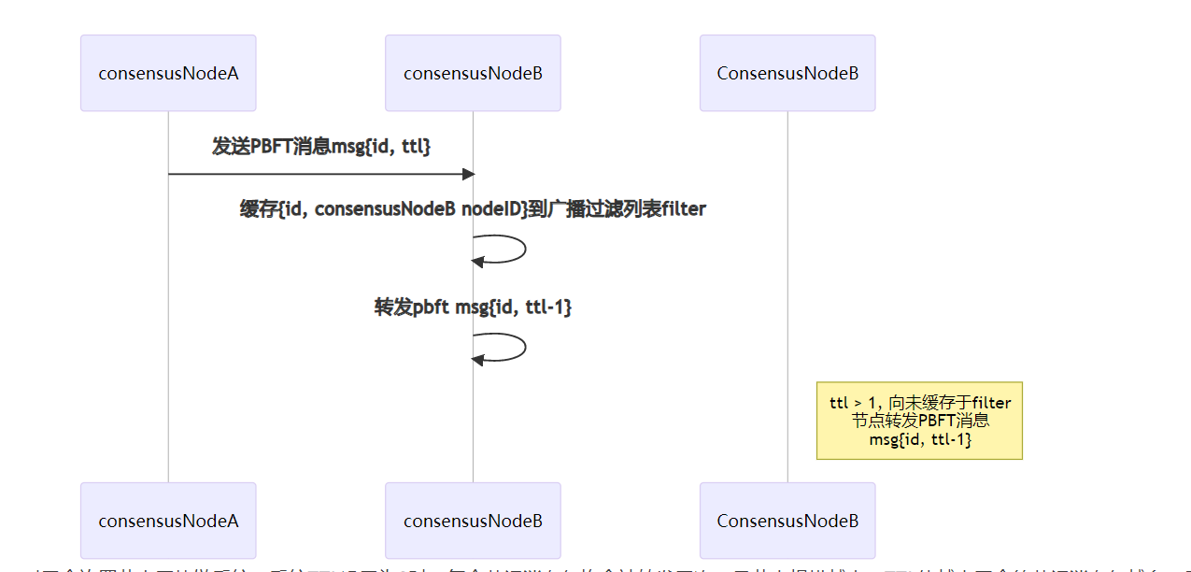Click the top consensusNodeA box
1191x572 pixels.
(x=168, y=73)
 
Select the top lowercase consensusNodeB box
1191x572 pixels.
(x=473, y=73)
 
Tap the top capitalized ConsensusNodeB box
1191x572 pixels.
(x=787, y=73)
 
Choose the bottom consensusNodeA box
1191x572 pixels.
(x=168, y=521)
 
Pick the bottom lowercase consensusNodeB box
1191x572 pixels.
(x=473, y=521)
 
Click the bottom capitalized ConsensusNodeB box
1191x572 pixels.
(x=787, y=521)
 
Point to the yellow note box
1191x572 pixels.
(x=919, y=421)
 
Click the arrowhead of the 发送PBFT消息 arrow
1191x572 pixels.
(x=469, y=174)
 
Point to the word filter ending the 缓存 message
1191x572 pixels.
(x=683, y=209)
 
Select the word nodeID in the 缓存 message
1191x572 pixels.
(x=493, y=209)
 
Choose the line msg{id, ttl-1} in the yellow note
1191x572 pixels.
(x=919, y=438)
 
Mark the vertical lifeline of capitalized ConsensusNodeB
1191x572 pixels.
(x=787, y=280)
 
